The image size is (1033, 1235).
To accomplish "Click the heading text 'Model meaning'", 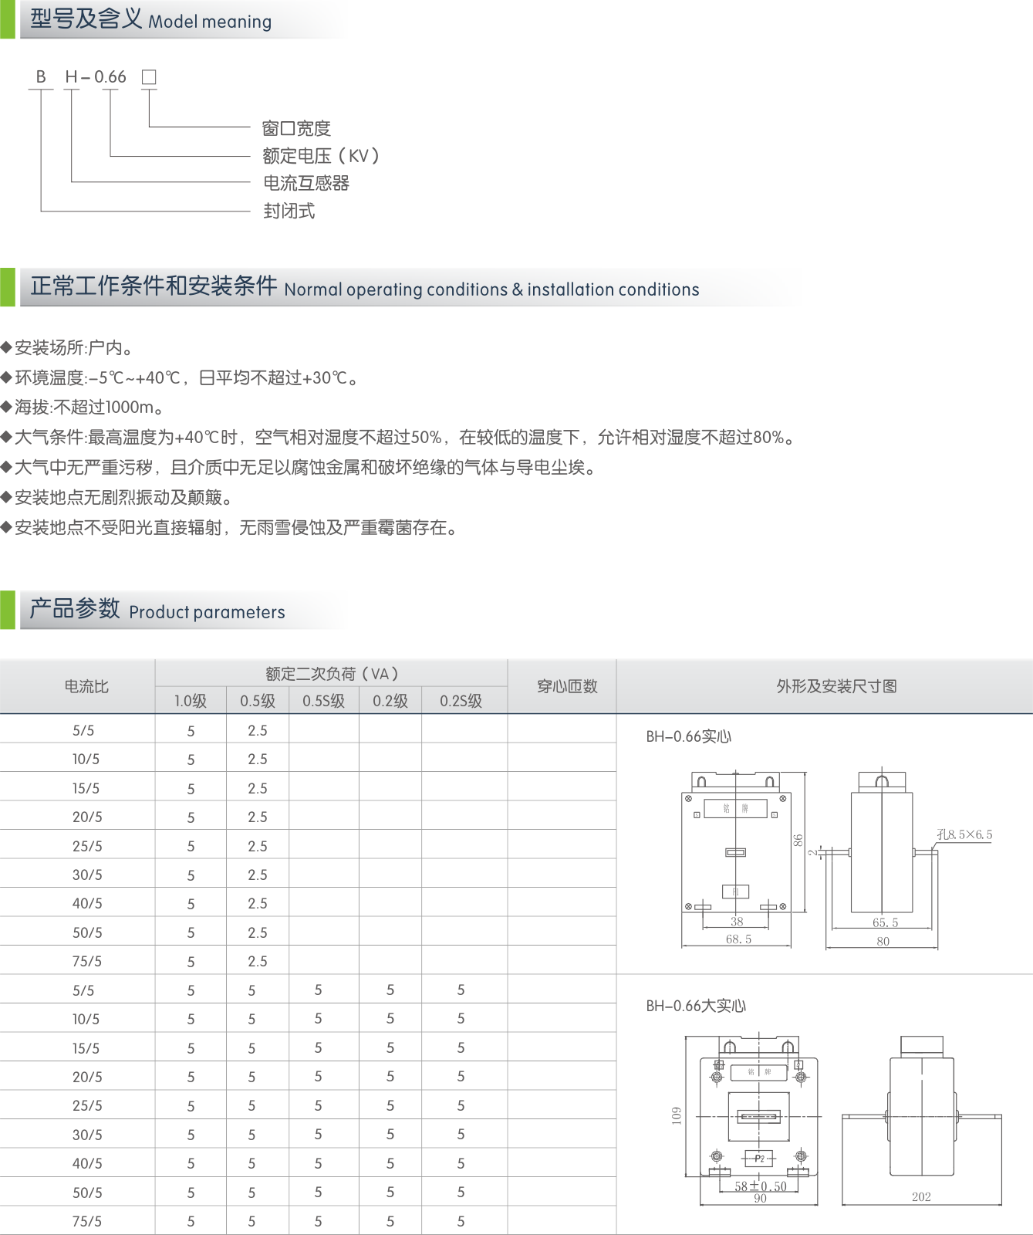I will (x=210, y=22).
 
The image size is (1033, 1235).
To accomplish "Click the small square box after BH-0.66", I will (x=149, y=77).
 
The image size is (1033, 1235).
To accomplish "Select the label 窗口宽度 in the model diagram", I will (x=296, y=128).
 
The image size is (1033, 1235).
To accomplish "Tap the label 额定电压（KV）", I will (x=321, y=156).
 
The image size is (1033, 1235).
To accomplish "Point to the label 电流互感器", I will (x=306, y=183).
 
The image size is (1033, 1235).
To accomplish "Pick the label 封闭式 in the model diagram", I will (x=289, y=211).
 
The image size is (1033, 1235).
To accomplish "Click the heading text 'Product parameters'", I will (x=207, y=612).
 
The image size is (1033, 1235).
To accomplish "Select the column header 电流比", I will (x=86, y=686).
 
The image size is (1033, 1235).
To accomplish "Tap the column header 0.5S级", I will (x=323, y=701).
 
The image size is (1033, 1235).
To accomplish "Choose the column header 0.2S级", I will (x=461, y=701).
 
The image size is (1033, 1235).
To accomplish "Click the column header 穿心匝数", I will (x=567, y=686).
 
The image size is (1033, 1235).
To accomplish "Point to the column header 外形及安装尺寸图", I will (x=836, y=686).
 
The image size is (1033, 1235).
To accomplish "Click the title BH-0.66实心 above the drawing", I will (x=688, y=736).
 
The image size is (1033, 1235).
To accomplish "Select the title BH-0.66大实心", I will (x=696, y=1006).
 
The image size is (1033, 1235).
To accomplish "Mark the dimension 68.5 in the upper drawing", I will (x=738, y=939).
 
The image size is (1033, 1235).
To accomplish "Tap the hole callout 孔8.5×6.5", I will (x=964, y=834).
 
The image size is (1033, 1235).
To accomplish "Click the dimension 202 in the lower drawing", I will (x=921, y=1197).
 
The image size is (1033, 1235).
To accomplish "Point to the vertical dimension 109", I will (x=677, y=1115).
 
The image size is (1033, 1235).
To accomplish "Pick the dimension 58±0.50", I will (x=760, y=1186).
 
